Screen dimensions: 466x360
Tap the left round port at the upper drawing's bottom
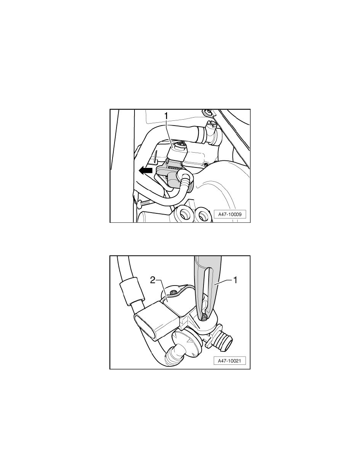pyautogui.click(x=183, y=214)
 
